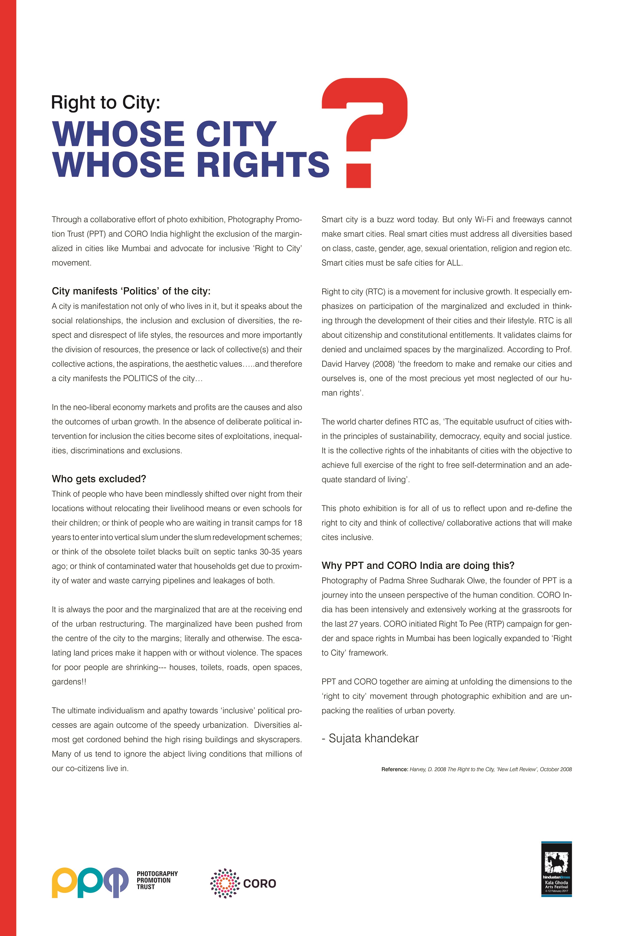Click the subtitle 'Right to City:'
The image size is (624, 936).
tap(105, 103)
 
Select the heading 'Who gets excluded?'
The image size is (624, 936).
tap(99, 479)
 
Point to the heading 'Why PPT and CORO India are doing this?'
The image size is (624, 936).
tap(418, 565)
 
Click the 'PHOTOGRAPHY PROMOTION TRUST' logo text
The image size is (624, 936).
tap(157, 880)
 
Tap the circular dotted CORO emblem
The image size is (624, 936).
tap(225, 883)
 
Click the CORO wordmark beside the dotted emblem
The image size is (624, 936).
tap(260, 884)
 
